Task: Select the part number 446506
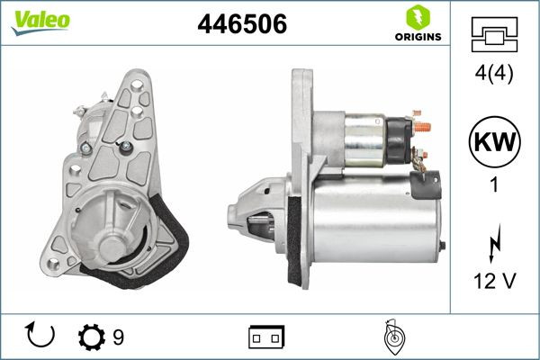241,25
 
